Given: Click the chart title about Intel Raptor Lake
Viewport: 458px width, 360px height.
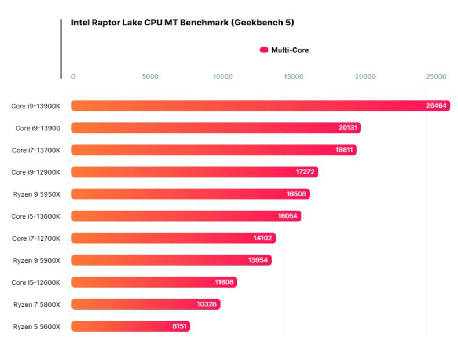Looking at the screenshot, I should coord(182,23).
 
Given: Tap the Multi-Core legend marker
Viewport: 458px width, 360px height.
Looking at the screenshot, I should coord(264,50).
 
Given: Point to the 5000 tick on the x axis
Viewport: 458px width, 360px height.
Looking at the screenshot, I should coord(150,76).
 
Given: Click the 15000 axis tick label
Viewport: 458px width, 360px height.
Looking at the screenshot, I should coord(294,76).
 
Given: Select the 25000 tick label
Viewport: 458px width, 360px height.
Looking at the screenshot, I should coord(436,76).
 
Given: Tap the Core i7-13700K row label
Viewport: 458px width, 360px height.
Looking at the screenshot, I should coord(41,150).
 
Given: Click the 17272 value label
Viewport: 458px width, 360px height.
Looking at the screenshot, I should coord(305,172).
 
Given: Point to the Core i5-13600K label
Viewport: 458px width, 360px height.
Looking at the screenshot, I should coord(40,216).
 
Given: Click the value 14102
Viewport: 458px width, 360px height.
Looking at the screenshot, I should coord(262,238).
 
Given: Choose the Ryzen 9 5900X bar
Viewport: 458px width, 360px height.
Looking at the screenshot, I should coord(171,260).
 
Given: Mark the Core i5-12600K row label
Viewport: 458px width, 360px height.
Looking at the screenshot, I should coord(40,282).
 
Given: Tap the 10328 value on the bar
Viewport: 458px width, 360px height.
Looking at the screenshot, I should coord(207,304).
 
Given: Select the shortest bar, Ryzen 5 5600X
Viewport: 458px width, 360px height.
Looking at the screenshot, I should coord(130,326).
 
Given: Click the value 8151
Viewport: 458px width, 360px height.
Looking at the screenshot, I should coord(179,326).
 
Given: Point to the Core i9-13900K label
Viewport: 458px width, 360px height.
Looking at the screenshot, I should coord(40,106).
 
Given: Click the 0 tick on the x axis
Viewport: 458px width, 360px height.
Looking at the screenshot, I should coord(73,76).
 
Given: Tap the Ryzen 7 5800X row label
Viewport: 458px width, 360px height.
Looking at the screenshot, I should coord(41,304).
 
